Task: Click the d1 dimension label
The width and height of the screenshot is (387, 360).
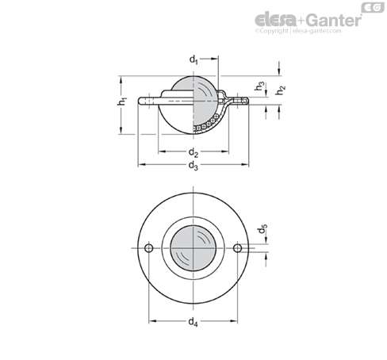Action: pos(193,59)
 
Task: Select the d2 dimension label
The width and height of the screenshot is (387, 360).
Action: pos(193,152)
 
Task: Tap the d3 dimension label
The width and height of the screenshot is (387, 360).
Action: pos(193,166)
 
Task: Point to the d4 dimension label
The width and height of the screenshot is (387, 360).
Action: pos(193,322)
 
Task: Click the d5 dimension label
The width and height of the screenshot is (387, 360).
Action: pos(262,229)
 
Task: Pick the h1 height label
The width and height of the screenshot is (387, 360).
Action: pos(122,101)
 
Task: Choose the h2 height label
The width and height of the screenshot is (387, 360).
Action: pos(281,90)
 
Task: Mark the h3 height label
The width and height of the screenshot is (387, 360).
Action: pos(259,86)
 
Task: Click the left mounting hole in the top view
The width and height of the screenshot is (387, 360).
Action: pos(149,248)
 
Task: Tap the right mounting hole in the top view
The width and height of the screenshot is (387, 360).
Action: pos(237,248)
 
